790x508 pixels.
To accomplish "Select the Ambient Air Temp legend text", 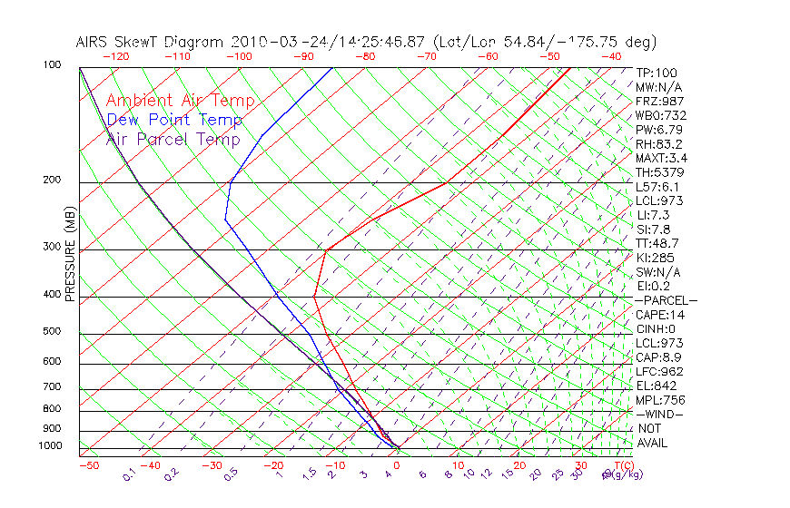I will [x=180, y=101].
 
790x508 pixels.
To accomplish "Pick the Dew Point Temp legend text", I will [x=174, y=120].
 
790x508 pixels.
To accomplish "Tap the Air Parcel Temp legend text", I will [x=173, y=139].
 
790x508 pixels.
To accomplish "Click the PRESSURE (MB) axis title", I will [x=70, y=253].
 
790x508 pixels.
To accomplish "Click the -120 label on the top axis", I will [x=115, y=56].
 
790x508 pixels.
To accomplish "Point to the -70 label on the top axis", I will [x=425, y=56].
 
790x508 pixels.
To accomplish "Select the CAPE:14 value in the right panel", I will [x=660, y=315].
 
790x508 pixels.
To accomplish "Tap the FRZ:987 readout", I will [x=660, y=101].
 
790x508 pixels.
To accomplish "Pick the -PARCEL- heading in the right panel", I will [x=666, y=300].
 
